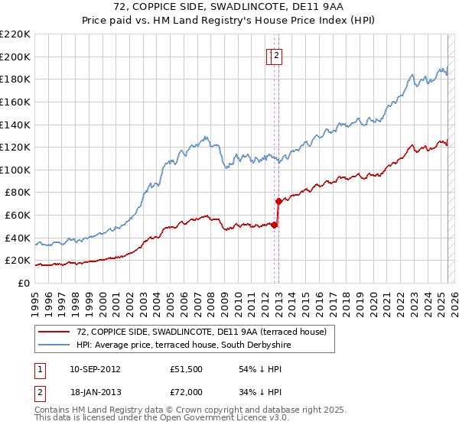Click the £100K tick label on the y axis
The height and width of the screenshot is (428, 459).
click(15, 170)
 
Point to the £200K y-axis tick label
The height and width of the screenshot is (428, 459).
click(15, 57)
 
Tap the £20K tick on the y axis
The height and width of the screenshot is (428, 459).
click(17, 261)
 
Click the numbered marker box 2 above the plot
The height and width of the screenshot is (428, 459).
click(277, 55)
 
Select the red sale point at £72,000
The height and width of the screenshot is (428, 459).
click(278, 201)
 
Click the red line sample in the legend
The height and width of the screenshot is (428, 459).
click(54, 332)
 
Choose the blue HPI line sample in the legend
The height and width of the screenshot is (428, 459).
click(54, 345)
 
